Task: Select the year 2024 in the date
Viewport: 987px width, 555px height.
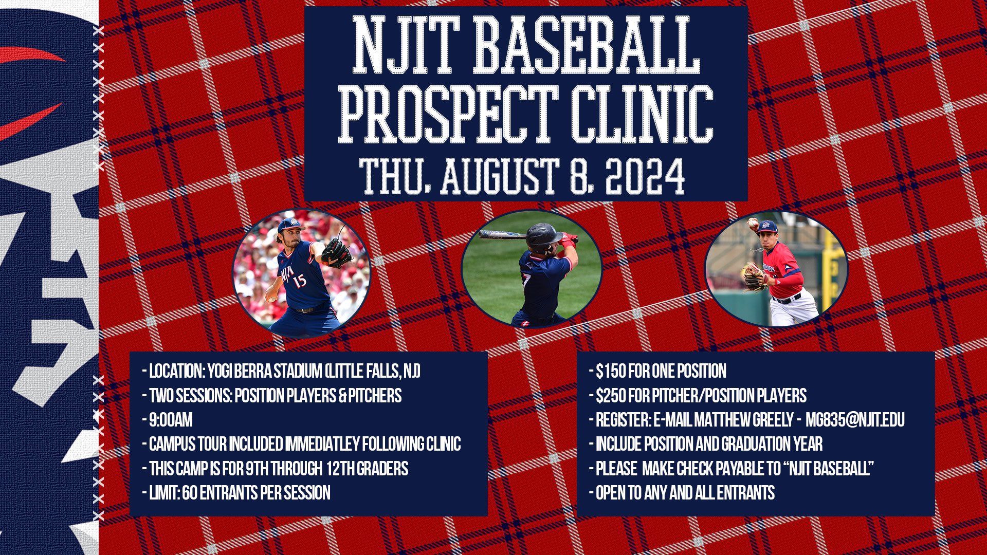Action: [645, 176]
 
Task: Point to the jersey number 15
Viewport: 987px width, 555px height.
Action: [299, 280]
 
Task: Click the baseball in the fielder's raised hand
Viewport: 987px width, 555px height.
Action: [752, 223]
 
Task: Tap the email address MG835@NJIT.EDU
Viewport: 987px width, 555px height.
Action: [855, 420]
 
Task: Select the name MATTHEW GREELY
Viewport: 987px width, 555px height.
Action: [743, 420]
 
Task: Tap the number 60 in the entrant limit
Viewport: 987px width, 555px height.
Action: [190, 493]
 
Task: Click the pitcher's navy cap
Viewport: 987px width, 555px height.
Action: [289, 224]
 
